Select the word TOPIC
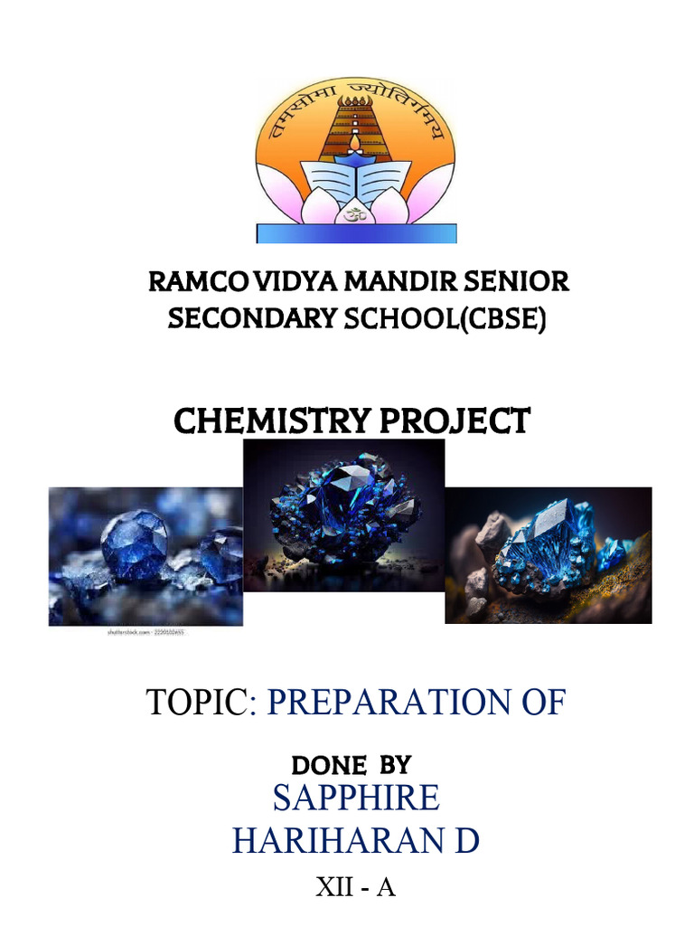tap(196, 703)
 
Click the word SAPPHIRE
tap(356, 798)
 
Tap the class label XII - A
tap(355, 887)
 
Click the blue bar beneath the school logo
tap(356, 233)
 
